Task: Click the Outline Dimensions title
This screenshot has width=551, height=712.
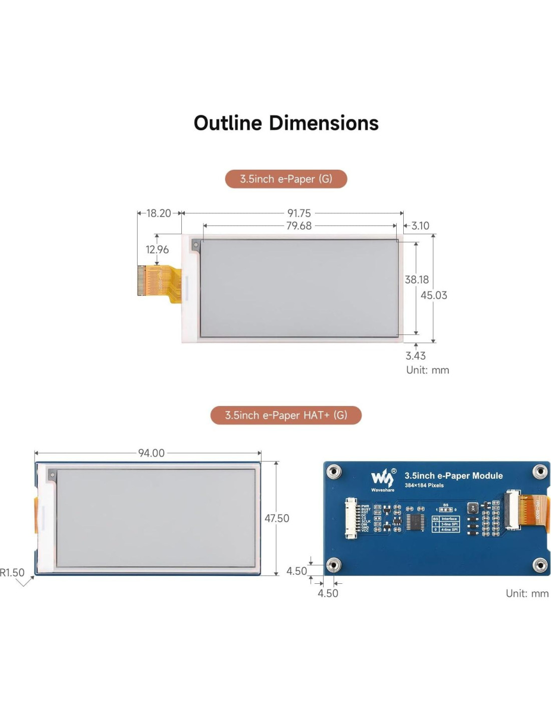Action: click(x=286, y=123)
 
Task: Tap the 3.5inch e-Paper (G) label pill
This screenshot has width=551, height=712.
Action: click(x=286, y=179)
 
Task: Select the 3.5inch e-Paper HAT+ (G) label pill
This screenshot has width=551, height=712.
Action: click(x=286, y=415)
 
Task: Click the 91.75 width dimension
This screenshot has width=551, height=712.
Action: click(x=299, y=213)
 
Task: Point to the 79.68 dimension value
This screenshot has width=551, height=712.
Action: click(x=299, y=226)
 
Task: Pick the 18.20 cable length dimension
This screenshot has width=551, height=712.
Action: click(x=159, y=213)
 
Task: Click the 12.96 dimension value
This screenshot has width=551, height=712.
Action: click(x=157, y=249)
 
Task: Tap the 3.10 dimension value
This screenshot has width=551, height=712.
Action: click(x=420, y=226)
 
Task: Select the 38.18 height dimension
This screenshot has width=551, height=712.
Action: click(x=417, y=279)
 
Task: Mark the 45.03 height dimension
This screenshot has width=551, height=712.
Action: click(x=434, y=295)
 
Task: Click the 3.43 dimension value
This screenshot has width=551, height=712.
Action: click(x=416, y=355)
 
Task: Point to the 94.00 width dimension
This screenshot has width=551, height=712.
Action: click(x=151, y=453)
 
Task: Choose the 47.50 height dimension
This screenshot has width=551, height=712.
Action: click(x=277, y=518)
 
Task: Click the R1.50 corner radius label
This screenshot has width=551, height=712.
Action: click(x=12, y=572)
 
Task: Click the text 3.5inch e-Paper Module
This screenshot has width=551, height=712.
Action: click(x=453, y=476)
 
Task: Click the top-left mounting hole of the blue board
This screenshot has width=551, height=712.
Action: click(x=334, y=471)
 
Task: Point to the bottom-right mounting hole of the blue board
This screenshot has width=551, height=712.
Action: click(x=539, y=565)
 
